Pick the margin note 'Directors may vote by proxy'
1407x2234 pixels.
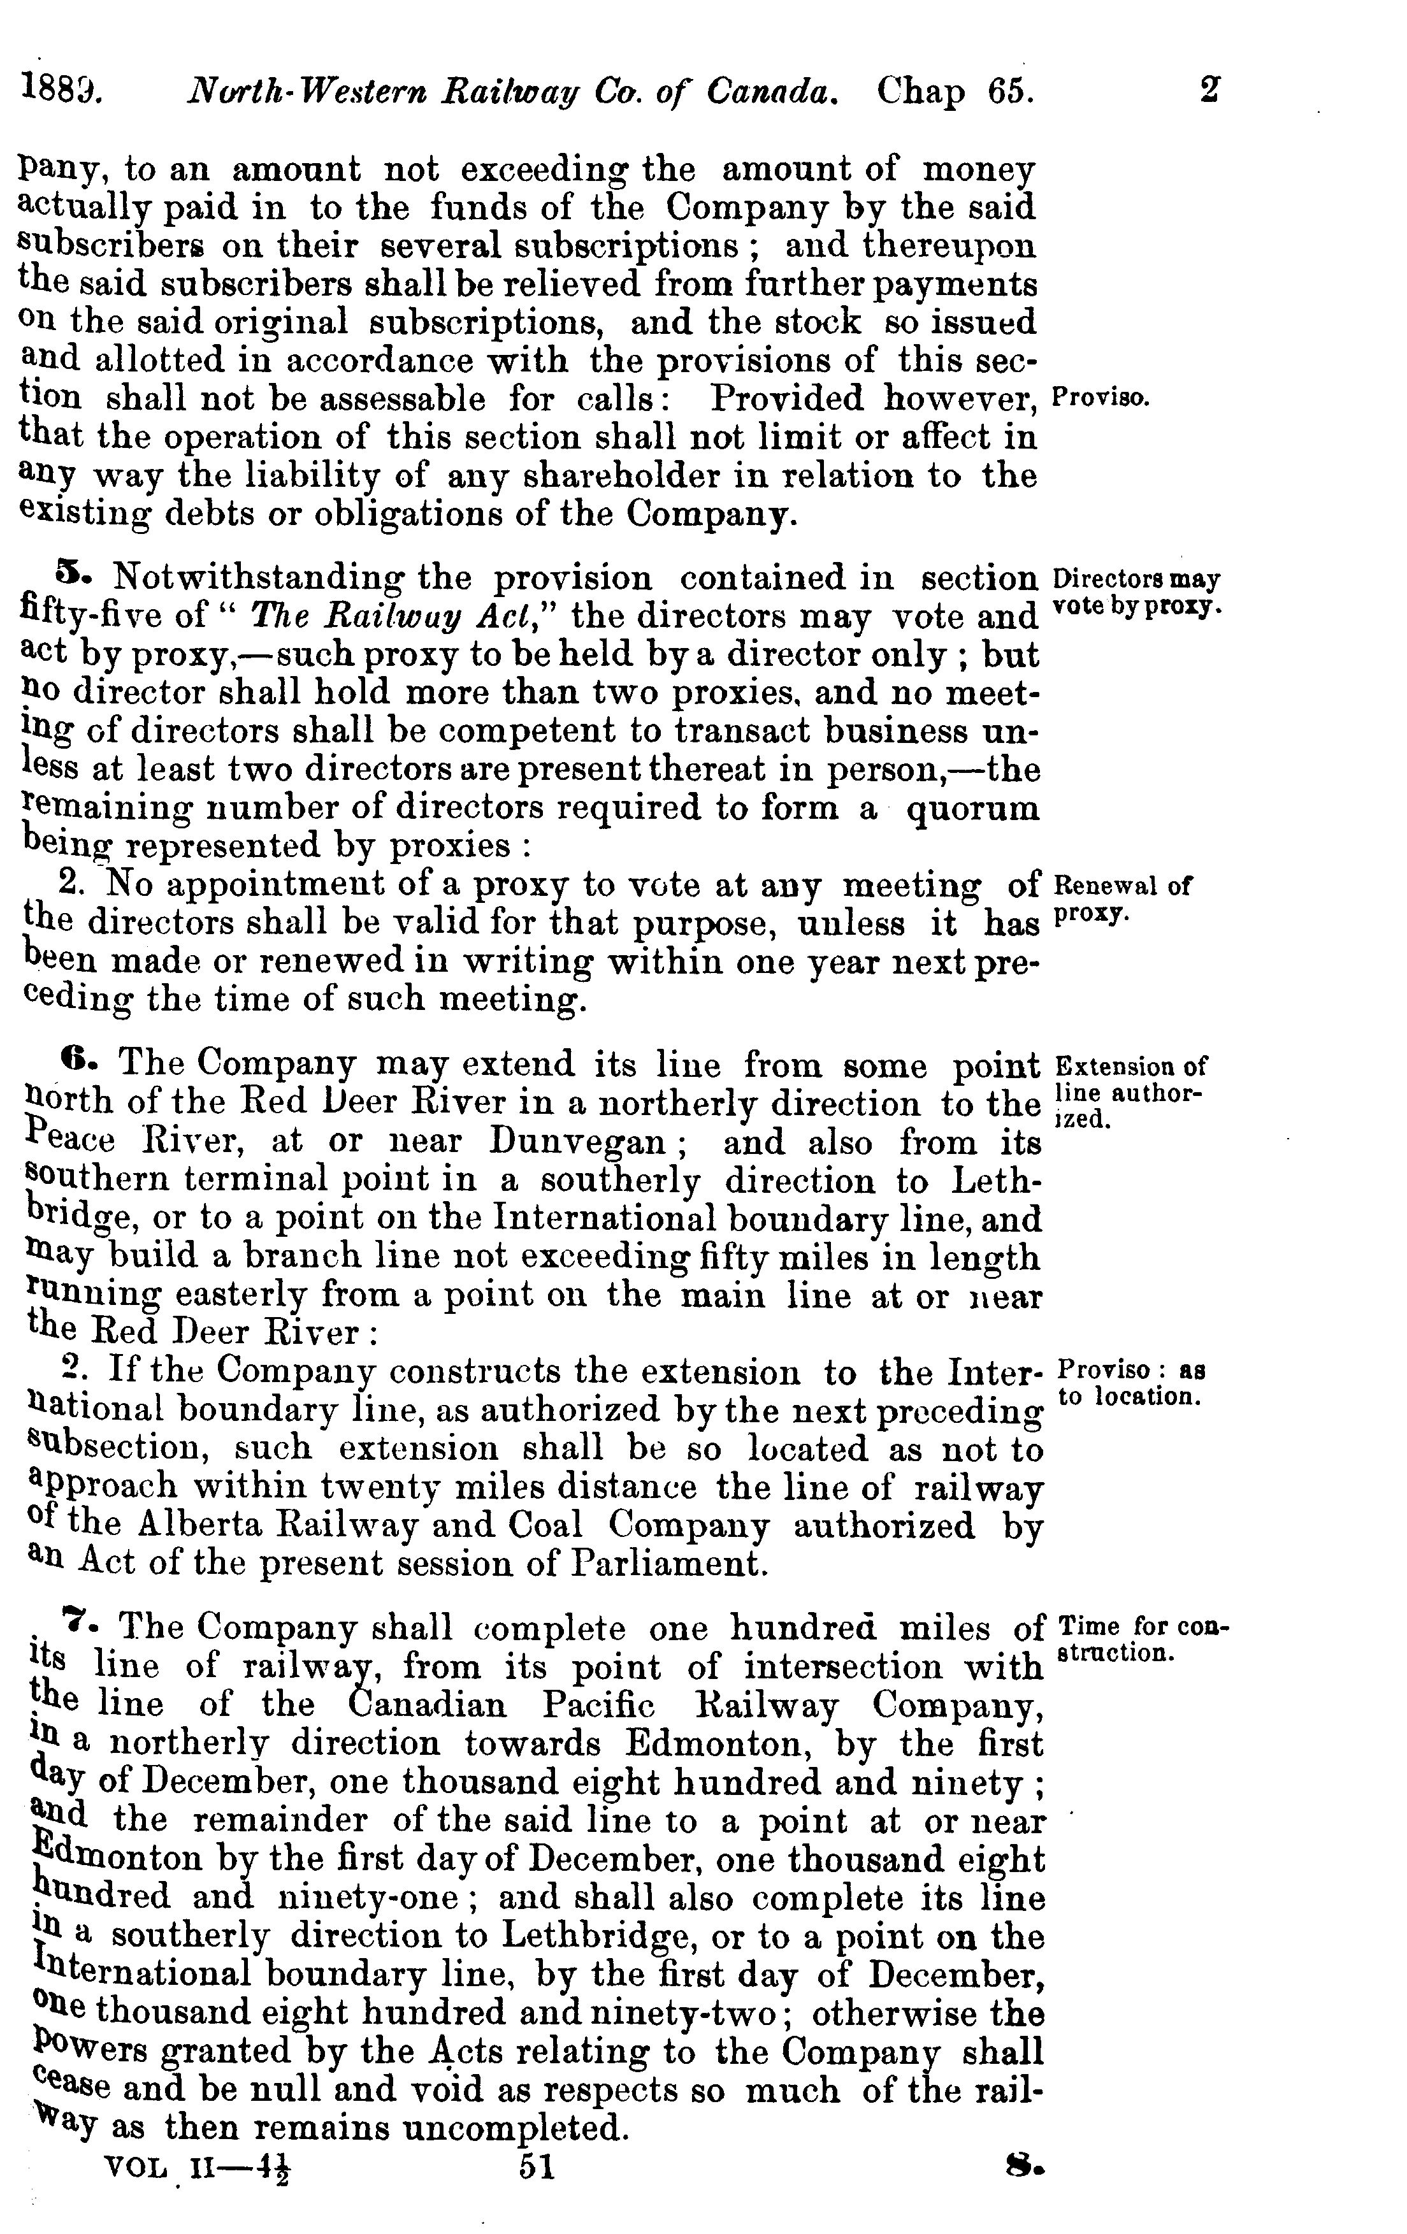pos(1136,592)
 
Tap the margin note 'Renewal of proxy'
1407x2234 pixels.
pos(1122,898)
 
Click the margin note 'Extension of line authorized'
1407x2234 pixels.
pos(1130,1090)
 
